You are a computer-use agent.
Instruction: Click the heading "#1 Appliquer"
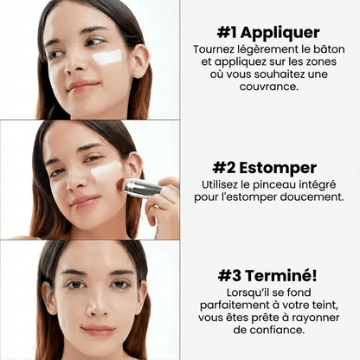click(268, 33)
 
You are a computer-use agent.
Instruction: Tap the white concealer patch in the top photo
click(107, 57)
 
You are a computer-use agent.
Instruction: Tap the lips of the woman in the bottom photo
click(97, 331)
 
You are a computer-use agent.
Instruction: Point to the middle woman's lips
click(85, 202)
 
